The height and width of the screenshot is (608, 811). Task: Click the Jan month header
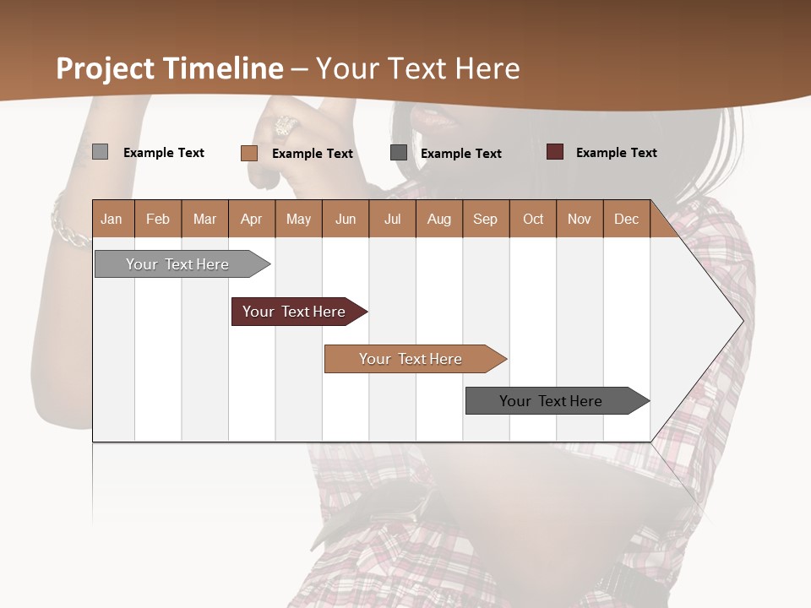point(112,219)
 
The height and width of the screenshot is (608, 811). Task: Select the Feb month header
point(158,219)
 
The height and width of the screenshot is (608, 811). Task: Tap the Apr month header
point(251,219)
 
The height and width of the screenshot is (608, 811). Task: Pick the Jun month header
point(346,219)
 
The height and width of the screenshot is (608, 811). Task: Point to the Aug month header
point(438,219)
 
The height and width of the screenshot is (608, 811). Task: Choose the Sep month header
point(485,219)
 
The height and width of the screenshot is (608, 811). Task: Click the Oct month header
point(533,219)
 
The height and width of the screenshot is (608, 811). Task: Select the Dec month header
point(626,219)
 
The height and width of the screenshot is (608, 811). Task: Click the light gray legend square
point(100,152)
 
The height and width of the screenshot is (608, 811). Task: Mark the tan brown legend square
point(249,153)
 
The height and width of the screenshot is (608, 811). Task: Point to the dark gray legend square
point(399,153)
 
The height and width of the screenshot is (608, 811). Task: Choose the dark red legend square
point(555,152)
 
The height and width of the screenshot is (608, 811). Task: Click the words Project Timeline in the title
point(170,68)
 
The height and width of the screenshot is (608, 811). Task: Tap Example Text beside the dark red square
point(616,153)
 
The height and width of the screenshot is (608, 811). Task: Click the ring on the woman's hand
point(284,127)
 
